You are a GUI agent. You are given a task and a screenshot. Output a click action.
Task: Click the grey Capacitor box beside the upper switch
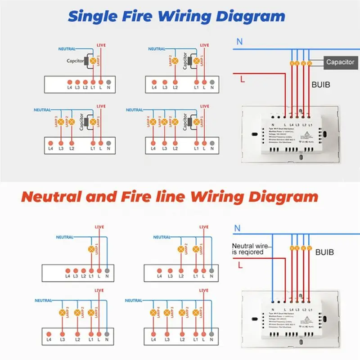340,62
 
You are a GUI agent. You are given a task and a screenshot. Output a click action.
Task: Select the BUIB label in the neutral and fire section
324,252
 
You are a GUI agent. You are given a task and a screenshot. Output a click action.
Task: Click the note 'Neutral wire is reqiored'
247,249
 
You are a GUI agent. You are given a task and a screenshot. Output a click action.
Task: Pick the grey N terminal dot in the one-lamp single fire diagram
108,82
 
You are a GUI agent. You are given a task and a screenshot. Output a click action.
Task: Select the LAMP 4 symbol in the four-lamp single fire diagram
153,122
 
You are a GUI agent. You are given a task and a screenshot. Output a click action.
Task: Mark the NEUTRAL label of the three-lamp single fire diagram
42,110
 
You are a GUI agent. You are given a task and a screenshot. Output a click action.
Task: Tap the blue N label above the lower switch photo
237,228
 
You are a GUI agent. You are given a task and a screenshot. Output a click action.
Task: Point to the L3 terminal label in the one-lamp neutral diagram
76,276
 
